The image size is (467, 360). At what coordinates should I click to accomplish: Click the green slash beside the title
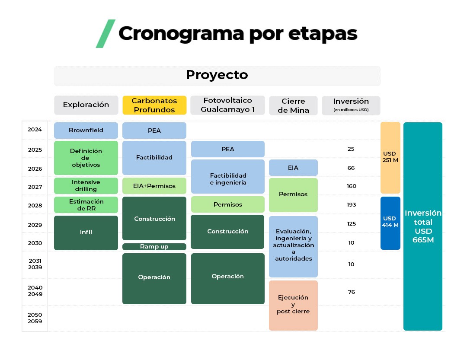(x=106, y=33)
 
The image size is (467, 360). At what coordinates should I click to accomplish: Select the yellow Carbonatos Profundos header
(x=154, y=105)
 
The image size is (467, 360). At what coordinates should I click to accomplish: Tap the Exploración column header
(x=86, y=105)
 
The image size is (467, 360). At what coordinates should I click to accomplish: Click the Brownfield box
(x=86, y=130)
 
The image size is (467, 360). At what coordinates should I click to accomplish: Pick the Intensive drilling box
(x=86, y=185)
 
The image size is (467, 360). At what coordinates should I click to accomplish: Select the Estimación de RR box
(x=86, y=205)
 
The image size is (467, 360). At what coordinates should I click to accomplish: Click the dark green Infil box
(x=86, y=233)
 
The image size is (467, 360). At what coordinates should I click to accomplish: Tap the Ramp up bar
(x=154, y=247)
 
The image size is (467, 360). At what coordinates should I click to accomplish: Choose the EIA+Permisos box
(x=154, y=186)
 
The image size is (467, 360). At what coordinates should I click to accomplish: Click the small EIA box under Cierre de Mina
(x=293, y=168)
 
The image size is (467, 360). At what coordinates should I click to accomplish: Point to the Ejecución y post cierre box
(x=293, y=305)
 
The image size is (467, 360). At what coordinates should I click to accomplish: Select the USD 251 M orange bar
(x=390, y=157)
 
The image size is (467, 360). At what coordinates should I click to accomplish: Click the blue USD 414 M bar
(x=390, y=223)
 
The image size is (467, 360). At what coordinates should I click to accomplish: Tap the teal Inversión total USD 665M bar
(x=423, y=226)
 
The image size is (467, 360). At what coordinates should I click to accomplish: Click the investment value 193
(x=351, y=205)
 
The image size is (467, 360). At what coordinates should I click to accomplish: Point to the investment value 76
(x=351, y=292)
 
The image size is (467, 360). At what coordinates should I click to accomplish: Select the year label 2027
(x=35, y=187)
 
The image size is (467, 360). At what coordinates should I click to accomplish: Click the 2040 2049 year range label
(x=35, y=291)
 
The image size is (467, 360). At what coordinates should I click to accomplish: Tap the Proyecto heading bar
(x=217, y=75)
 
